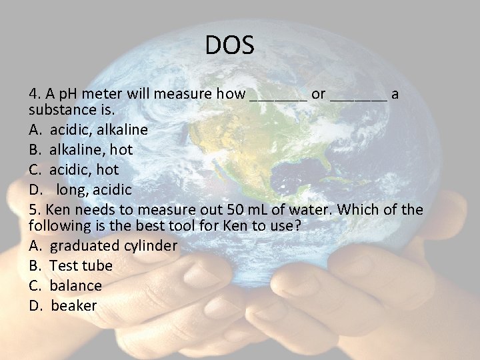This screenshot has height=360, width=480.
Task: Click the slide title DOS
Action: [229, 46]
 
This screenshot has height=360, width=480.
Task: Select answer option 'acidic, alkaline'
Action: [99, 129]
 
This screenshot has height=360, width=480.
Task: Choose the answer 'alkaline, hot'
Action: [91, 149]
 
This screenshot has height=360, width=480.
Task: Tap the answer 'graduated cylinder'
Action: [114, 245]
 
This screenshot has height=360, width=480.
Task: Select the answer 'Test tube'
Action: [81, 265]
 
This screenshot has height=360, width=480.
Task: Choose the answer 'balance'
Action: [76, 285]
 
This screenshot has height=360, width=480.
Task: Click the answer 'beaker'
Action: [74, 306]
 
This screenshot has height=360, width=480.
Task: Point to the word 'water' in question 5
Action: [303, 210]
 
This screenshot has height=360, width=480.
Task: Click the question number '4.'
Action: [34, 94]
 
